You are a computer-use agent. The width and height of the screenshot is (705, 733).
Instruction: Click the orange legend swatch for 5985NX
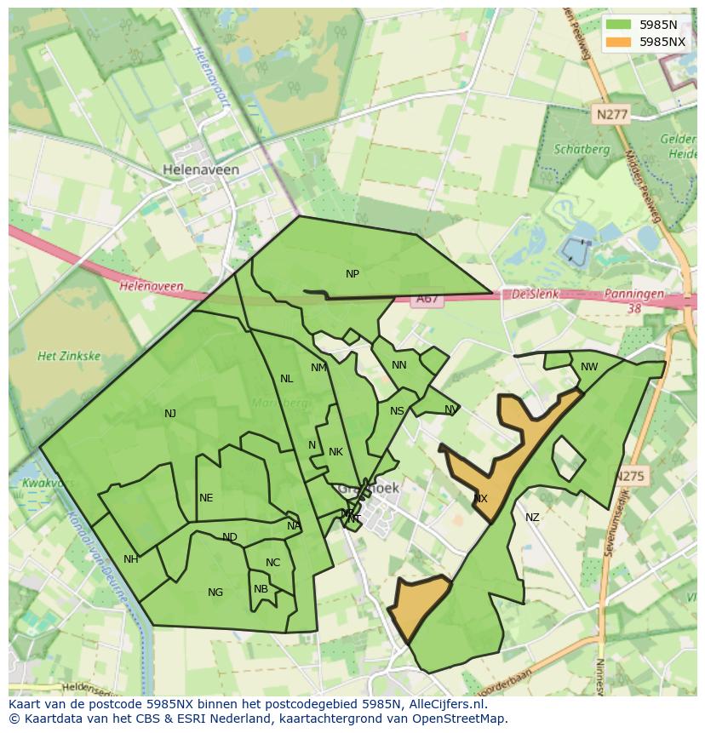[x=619, y=42]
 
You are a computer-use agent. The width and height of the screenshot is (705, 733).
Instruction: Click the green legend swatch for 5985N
[x=619, y=25]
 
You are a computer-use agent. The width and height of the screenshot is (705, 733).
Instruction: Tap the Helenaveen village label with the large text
[x=201, y=170]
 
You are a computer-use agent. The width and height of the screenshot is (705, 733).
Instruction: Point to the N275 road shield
[x=631, y=477]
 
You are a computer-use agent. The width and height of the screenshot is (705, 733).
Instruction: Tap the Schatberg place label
[x=582, y=149]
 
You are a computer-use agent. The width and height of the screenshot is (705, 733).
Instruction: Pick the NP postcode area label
[x=352, y=274]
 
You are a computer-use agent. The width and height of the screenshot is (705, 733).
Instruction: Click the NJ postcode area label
[x=170, y=414]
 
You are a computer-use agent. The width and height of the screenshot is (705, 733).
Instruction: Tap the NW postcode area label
[x=589, y=367]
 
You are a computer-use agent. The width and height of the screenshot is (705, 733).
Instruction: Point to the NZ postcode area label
[x=532, y=517]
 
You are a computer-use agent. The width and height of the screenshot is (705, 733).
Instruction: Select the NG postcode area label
[x=215, y=593]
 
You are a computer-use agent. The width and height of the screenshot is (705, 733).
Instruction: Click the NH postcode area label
[x=130, y=559]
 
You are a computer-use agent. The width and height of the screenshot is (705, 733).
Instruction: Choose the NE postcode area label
[x=206, y=498]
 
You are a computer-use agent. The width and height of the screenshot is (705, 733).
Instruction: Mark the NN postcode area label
[x=398, y=365]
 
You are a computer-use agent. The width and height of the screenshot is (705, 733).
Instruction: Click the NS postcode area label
[x=397, y=411]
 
